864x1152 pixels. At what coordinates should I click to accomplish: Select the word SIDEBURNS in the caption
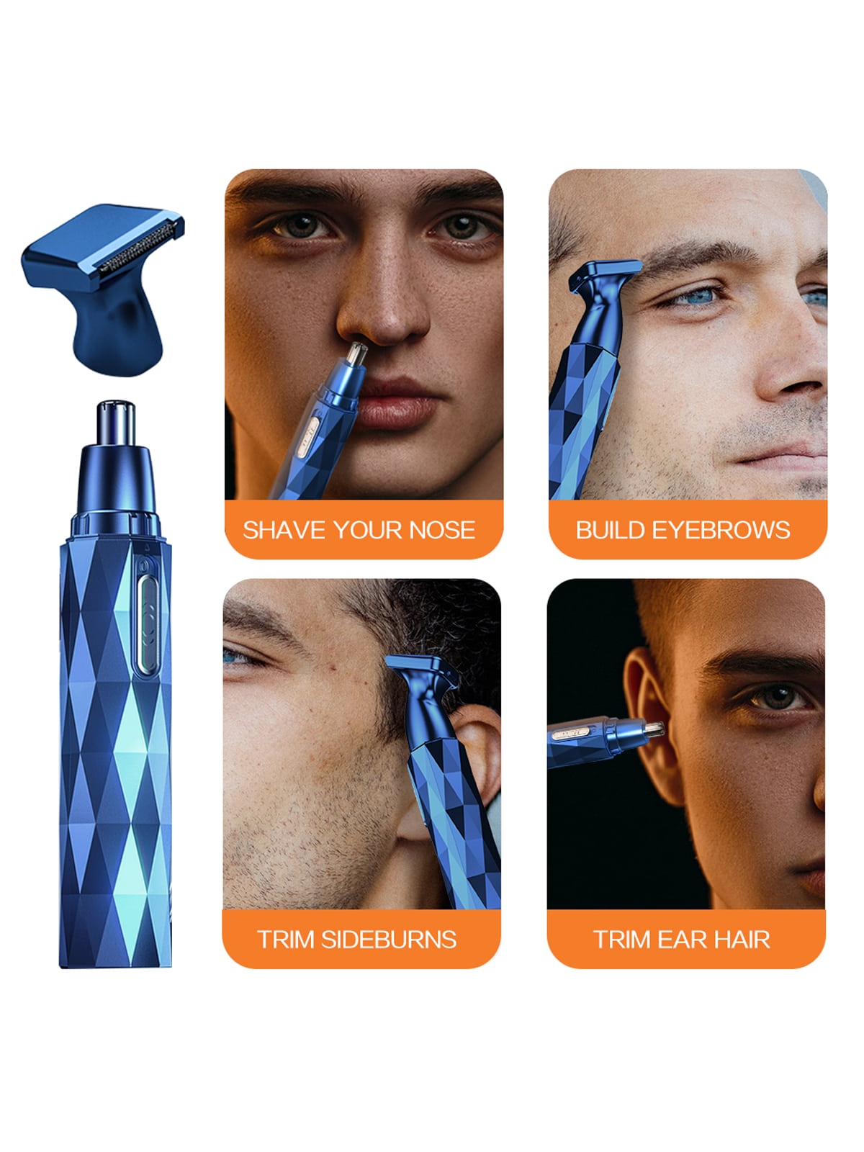389,940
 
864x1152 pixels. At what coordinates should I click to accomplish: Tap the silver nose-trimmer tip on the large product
116,423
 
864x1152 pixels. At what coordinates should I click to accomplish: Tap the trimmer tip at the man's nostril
356,354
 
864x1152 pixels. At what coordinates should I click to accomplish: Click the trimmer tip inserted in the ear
653,729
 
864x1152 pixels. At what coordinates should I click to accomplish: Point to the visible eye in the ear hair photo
775,697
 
